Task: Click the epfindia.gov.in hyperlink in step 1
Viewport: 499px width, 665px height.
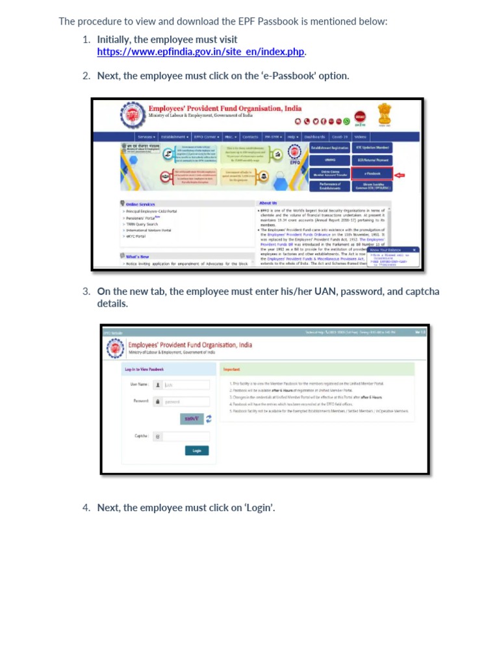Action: point(201,52)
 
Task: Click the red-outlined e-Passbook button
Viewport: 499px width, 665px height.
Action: point(372,173)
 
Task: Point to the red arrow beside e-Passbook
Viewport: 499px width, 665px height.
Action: point(400,174)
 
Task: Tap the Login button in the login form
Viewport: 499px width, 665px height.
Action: point(196,451)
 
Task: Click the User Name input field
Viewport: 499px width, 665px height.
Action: point(186,384)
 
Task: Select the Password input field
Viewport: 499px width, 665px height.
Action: point(186,402)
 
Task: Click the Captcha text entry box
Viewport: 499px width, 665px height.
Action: point(186,436)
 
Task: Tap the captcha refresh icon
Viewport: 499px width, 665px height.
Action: point(209,419)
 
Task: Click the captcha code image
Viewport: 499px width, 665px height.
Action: point(192,419)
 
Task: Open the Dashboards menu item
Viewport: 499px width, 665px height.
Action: point(314,137)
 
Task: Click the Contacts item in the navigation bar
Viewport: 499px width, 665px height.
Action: point(250,137)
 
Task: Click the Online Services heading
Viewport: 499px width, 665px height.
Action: point(140,204)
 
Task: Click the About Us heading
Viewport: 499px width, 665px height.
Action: point(268,203)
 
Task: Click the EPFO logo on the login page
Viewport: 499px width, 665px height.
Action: point(116,349)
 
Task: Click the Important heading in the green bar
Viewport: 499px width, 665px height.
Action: point(232,370)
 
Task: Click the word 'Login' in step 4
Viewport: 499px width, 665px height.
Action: point(259,508)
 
